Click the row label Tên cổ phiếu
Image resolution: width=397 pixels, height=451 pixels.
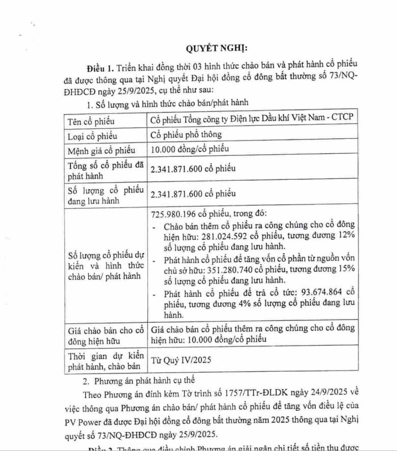[x=91, y=122]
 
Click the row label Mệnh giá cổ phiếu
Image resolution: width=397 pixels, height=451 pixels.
[x=101, y=150]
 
